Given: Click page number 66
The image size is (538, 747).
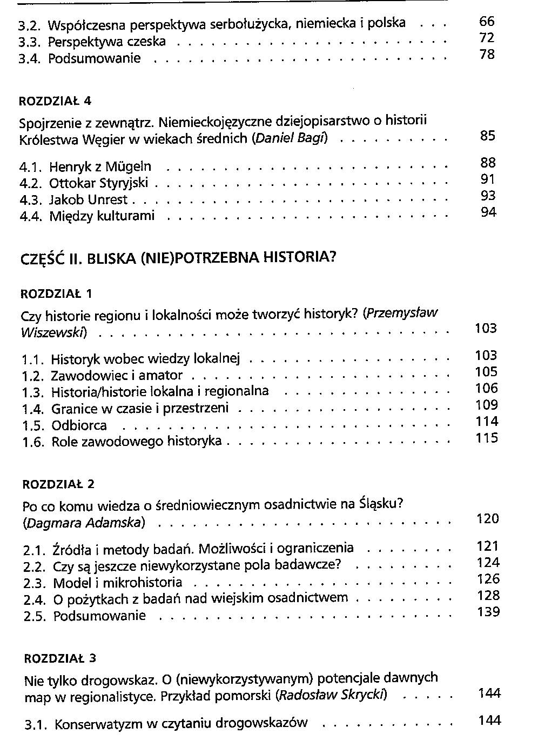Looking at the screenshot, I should pos(487,22).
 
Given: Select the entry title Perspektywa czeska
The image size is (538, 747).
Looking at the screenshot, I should pos(107,42).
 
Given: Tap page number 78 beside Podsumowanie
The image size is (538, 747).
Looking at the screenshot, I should pos(487,55).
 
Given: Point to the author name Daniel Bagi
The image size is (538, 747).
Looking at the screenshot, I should pos(290,138).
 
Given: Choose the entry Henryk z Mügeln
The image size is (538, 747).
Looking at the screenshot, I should pos(100,166).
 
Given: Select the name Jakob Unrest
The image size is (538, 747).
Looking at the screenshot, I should pos(89,199).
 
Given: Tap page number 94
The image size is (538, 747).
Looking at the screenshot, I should pos(488,212).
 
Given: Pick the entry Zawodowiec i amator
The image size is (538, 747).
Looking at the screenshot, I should pos(117,375).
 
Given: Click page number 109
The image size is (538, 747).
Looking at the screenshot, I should pos(486,405).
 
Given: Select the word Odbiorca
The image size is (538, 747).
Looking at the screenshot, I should pos(79,425).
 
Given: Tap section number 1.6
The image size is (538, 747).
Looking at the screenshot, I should pos(33,442).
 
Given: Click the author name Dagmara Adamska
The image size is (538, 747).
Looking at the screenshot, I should pos(84,523).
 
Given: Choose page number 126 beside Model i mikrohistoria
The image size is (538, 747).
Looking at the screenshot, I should pos(488,579).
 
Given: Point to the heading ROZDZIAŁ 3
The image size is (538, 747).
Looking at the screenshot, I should pos(60,658).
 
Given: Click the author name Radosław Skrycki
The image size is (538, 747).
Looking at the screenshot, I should pos(331,695).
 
